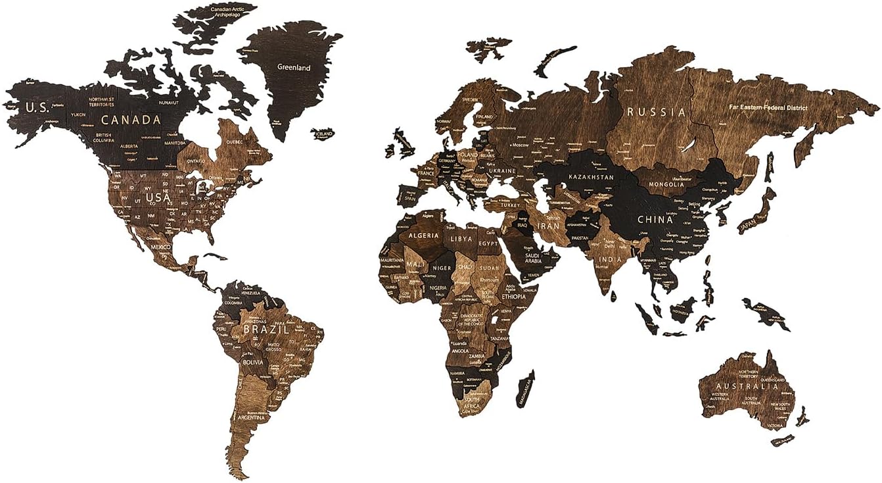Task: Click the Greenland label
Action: point(294,67)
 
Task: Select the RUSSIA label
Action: point(656,112)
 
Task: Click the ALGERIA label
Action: point(424,235)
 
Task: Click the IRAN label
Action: point(549,226)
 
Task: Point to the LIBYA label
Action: point(461,237)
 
